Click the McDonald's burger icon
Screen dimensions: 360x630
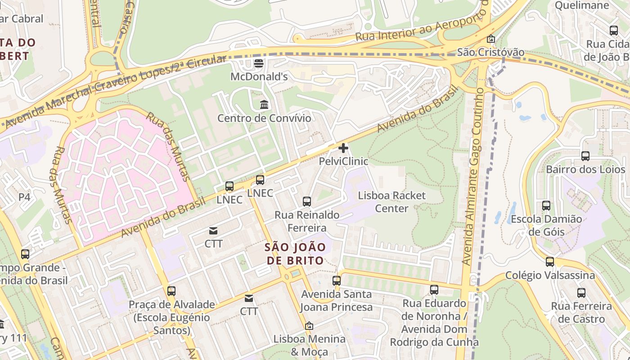click(x=259, y=63)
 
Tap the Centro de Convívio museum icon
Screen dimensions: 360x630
click(x=265, y=105)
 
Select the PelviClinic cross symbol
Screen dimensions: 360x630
click(x=343, y=148)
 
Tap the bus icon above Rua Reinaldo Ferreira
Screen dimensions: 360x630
click(x=307, y=201)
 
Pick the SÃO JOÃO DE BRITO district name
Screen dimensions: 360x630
click(x=295, y=254)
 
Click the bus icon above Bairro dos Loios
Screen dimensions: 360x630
click(x=585, y=156)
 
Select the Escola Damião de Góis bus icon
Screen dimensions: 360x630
click(x=546, y=206)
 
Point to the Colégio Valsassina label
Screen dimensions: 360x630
click(x=550, y=275)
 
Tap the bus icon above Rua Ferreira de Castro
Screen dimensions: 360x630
click(x=581, y=293)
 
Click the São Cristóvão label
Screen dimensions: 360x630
click(x=490, y=52)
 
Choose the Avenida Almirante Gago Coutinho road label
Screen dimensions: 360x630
click(x=472, y=175)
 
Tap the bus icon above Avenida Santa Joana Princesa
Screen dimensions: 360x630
click(x=337, y=281)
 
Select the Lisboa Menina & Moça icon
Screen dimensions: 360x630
click(x=309, y=326)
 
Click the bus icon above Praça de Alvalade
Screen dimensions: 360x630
click(x=171, y=291)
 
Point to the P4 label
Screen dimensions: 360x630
click(x=24, y=197)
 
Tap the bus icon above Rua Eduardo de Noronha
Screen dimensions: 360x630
click(x=434, y=290)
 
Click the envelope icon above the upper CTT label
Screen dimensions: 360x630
click(x=213, y=231)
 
